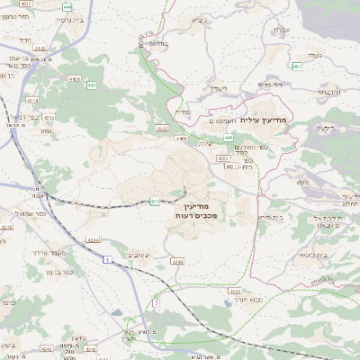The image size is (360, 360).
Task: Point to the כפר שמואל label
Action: coord(31,213)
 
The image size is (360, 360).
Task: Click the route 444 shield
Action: coord(67,5)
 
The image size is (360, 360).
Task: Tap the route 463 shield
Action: coord(296,66)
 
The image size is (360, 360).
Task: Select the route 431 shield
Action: coord(155,201)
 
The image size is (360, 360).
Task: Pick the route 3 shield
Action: coord(155,303)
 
